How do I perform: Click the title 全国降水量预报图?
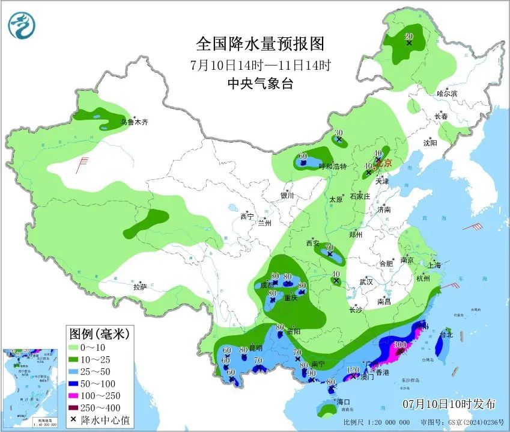pos(261,44)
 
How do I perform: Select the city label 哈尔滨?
pos(447,93)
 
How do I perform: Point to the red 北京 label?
pos(384,162)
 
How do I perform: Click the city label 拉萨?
pos(139,287)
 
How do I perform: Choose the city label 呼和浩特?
pos(333,166)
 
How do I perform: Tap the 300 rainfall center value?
pos(399,345)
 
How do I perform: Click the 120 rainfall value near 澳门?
pos(353,370)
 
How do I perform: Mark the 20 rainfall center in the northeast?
pos(409,36)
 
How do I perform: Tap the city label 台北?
pos(445,335)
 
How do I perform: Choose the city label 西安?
pos(312,243)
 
